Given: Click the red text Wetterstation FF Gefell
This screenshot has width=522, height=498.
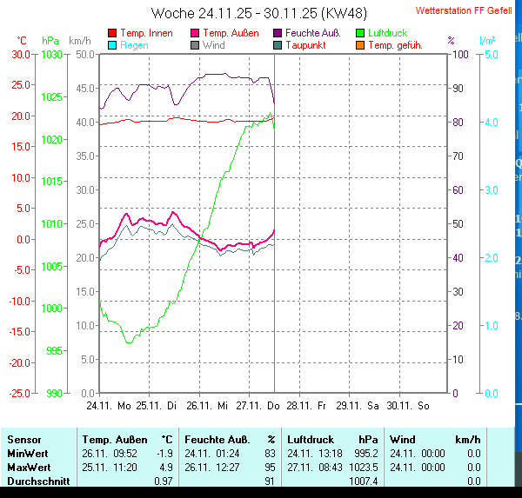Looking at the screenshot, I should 464,11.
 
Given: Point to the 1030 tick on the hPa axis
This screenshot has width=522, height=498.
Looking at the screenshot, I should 52,54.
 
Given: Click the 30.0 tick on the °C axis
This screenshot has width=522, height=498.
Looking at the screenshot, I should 20,54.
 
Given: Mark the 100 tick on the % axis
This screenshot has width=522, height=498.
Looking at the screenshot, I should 461,54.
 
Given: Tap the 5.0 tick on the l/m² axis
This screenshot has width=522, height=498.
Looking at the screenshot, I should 491,54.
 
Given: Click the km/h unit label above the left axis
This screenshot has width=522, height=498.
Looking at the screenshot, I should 79,41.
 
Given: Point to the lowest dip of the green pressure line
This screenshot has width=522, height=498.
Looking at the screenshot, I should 129,342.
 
